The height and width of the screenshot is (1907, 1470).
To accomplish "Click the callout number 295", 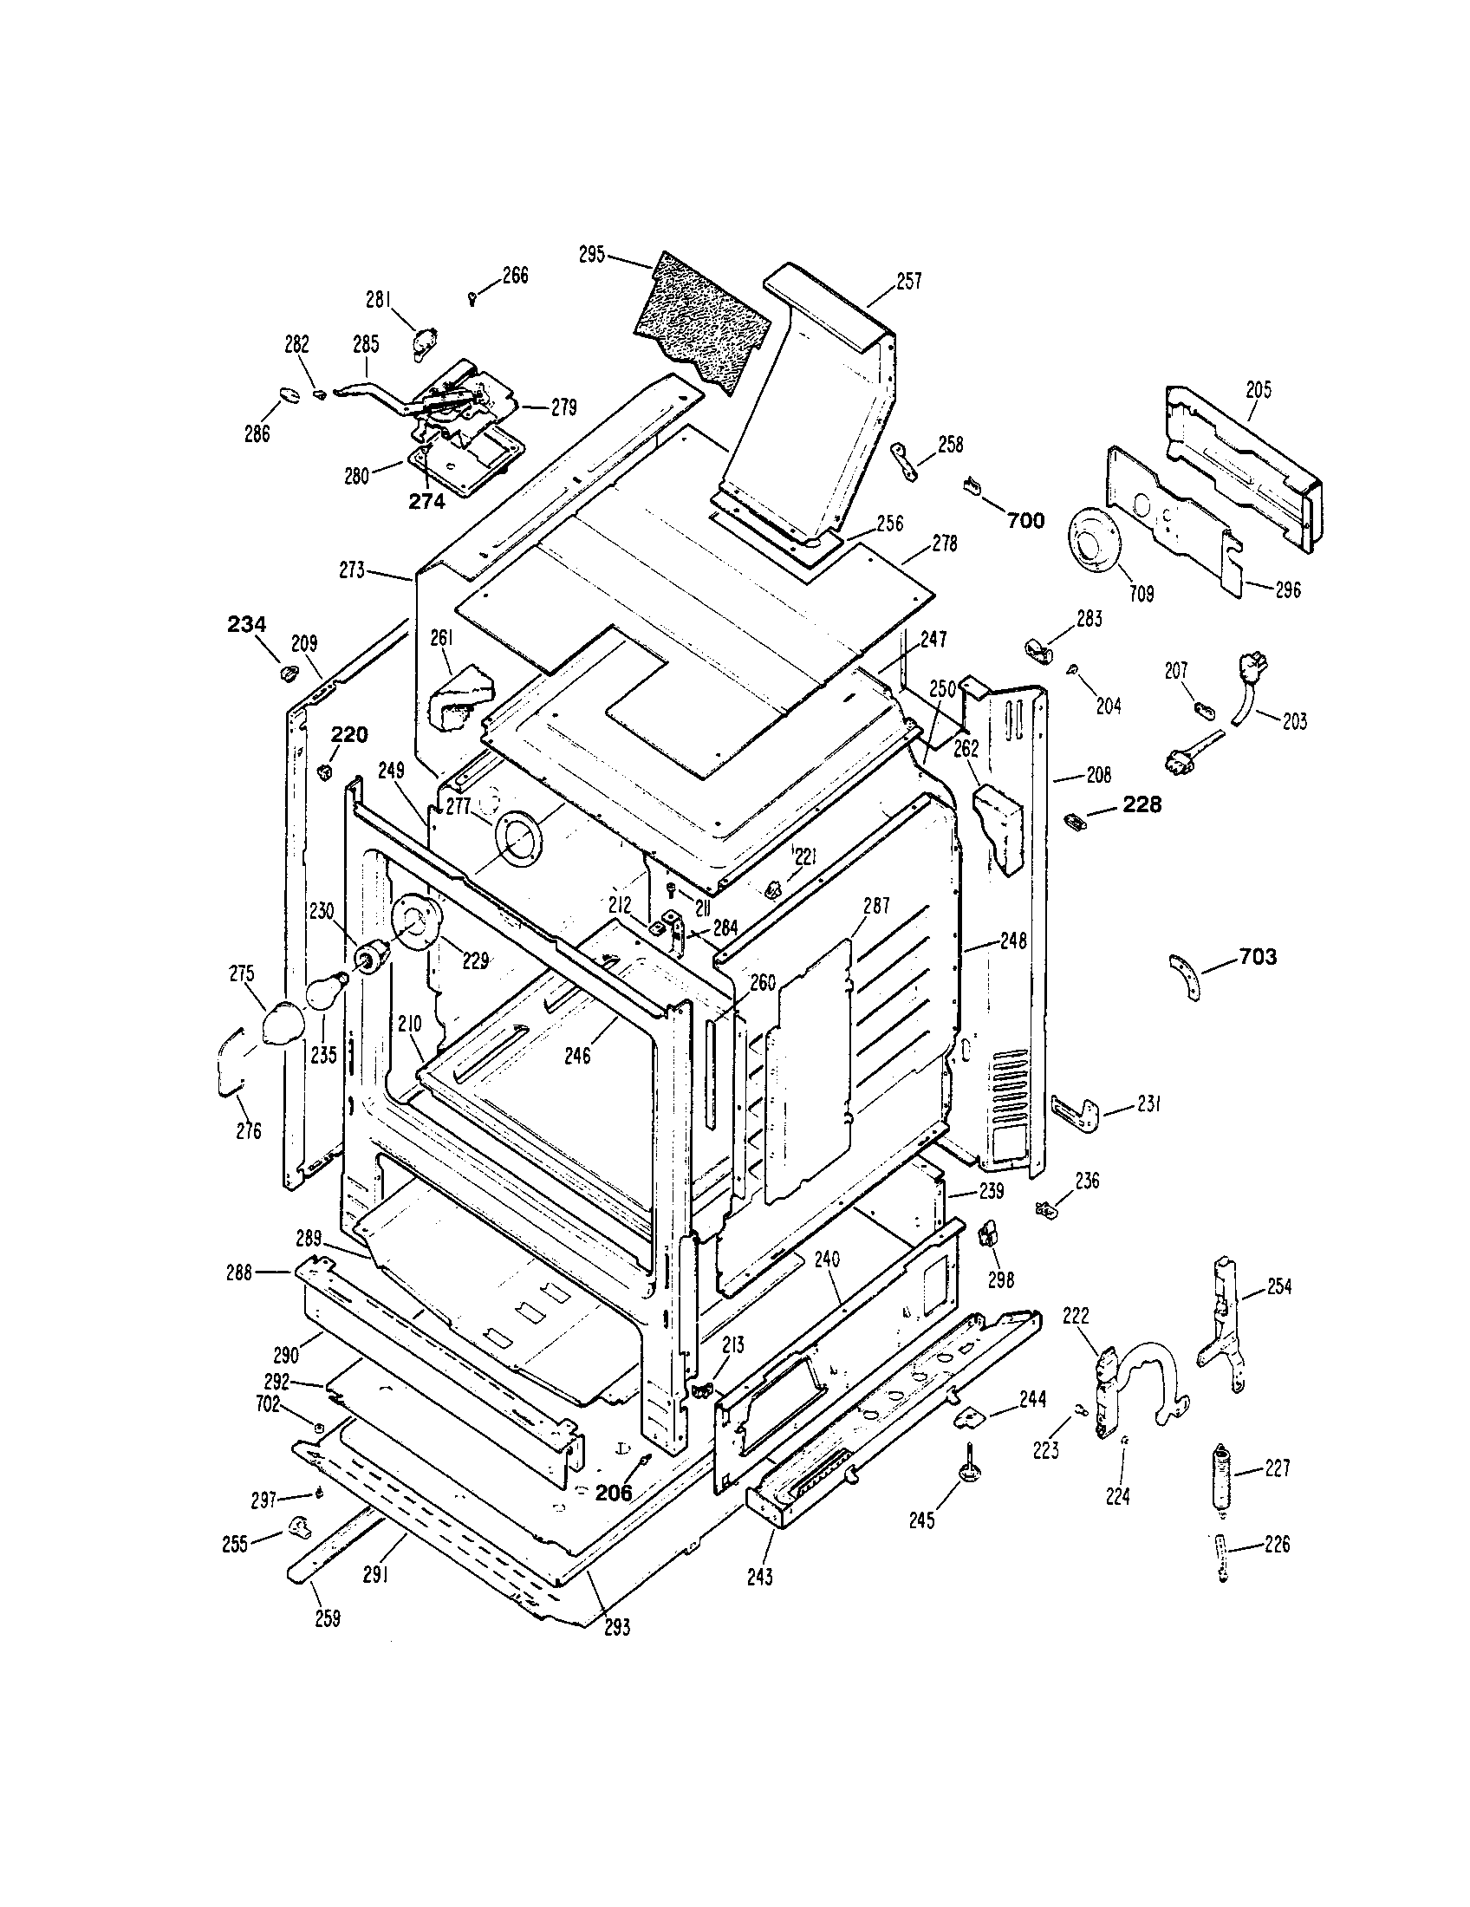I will pyautogui.click(x=591, y=255).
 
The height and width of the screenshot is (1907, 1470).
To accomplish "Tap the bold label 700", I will pyautogui.click(x=1024, y=521).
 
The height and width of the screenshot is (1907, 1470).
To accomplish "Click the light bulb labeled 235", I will pyautogui.click(x=325, y=993).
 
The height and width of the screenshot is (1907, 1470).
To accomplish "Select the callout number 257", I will pyautogui.click(x=907, y=282).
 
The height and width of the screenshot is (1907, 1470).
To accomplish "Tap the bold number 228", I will pyautogui.click(x=1142, y=805).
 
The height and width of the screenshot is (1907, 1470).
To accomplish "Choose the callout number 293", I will pyautogui.click(x=616, y=1627).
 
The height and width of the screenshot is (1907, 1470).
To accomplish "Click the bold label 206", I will pyautogui.click(x=613, y=1493).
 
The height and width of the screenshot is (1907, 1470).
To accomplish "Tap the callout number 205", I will pyautogui.click(x=1258, y=390).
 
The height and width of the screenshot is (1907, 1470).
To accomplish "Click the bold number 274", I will pyautogui.click(x=426, y=501).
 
